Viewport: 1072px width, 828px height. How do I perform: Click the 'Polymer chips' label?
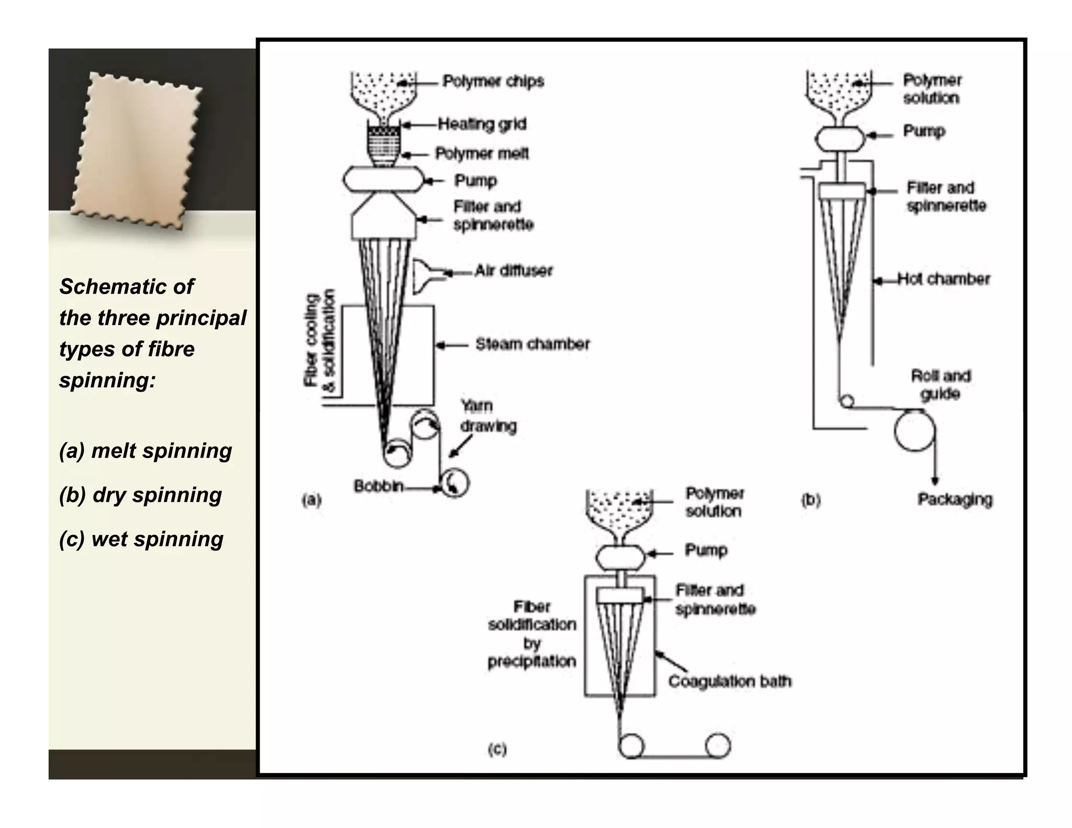pyautogui.click(x=493, y=81)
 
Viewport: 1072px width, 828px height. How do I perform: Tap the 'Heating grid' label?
pyautogui.click(x=482, y=124)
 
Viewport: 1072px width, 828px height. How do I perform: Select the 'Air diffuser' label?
pyautogui.click(x=513, y=271)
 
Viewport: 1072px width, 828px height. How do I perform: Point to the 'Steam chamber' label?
pyautogui.click(x=532, y=344)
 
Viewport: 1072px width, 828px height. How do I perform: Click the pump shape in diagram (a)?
pyautogui.click(x=383, y=180)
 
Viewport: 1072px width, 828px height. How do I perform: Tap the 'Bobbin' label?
pyautogui.click(x=378, y=486)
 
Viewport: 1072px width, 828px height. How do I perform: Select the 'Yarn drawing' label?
pyautogui.click(x=488, y=416)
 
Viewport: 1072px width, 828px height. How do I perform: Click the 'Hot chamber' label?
pyautogui.click(x=943, y=279)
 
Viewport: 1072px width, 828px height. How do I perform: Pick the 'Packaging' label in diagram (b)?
pyautogui.click(x=955, y=499)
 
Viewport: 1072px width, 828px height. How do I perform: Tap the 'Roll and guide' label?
pyautogui.click(x=941, y=385)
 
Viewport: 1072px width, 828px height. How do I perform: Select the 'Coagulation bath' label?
pyautogui.click(x=730, y=681)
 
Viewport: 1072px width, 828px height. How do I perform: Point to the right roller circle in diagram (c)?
pyautogui.click(x=717, y=745)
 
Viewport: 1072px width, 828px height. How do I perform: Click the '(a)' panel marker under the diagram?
pyautogui.click(x=311, y=500)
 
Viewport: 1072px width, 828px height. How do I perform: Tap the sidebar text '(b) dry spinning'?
pyautogui.click(x=140, y=495)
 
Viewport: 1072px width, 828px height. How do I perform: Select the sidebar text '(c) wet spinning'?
pyautogui.click(x=141, y=539)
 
